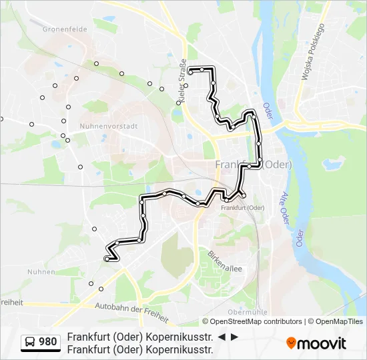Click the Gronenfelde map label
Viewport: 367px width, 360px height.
click(x=61, y=29)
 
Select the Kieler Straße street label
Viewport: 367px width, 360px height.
click(x=181, y=85)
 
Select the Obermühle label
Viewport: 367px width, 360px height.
click(x=248, y=312)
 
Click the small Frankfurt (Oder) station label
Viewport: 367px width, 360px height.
click(x=242, y=207)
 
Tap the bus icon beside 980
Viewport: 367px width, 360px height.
click(x=31, y=342)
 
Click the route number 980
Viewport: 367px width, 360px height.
click(x=48, y=342)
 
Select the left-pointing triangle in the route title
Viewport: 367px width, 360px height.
click(x=222, y=337)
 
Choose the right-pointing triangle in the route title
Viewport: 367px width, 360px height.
click(x=234, y=337)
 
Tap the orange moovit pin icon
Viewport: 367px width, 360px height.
click(x=291, y=343)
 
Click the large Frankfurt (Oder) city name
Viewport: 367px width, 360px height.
click(x=254, y=165)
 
